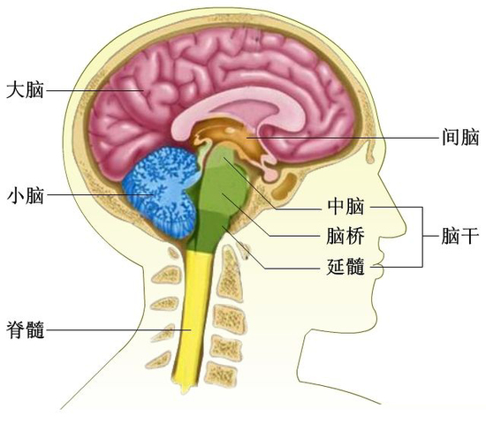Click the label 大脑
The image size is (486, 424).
25,90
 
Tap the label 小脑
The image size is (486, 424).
25,195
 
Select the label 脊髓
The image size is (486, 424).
25,329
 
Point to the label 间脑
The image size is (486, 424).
460,137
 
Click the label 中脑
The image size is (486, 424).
346,207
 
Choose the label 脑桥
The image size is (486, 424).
346,236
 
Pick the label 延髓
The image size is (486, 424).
346,266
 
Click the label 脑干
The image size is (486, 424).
460,236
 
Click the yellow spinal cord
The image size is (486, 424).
193,319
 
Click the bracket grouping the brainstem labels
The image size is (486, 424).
422,236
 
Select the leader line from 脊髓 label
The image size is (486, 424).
118,329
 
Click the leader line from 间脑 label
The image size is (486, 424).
343,137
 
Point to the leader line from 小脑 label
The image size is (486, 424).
99,195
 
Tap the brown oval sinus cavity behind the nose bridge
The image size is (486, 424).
285,186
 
